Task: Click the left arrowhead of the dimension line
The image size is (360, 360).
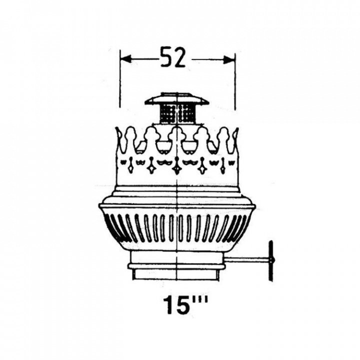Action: click(x=126, y=59)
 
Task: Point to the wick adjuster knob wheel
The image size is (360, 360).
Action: click(x=271, y=260)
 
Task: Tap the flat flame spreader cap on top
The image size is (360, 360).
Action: click(x=177, y=98)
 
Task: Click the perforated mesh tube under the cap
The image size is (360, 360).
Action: click(x=177, y=113)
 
